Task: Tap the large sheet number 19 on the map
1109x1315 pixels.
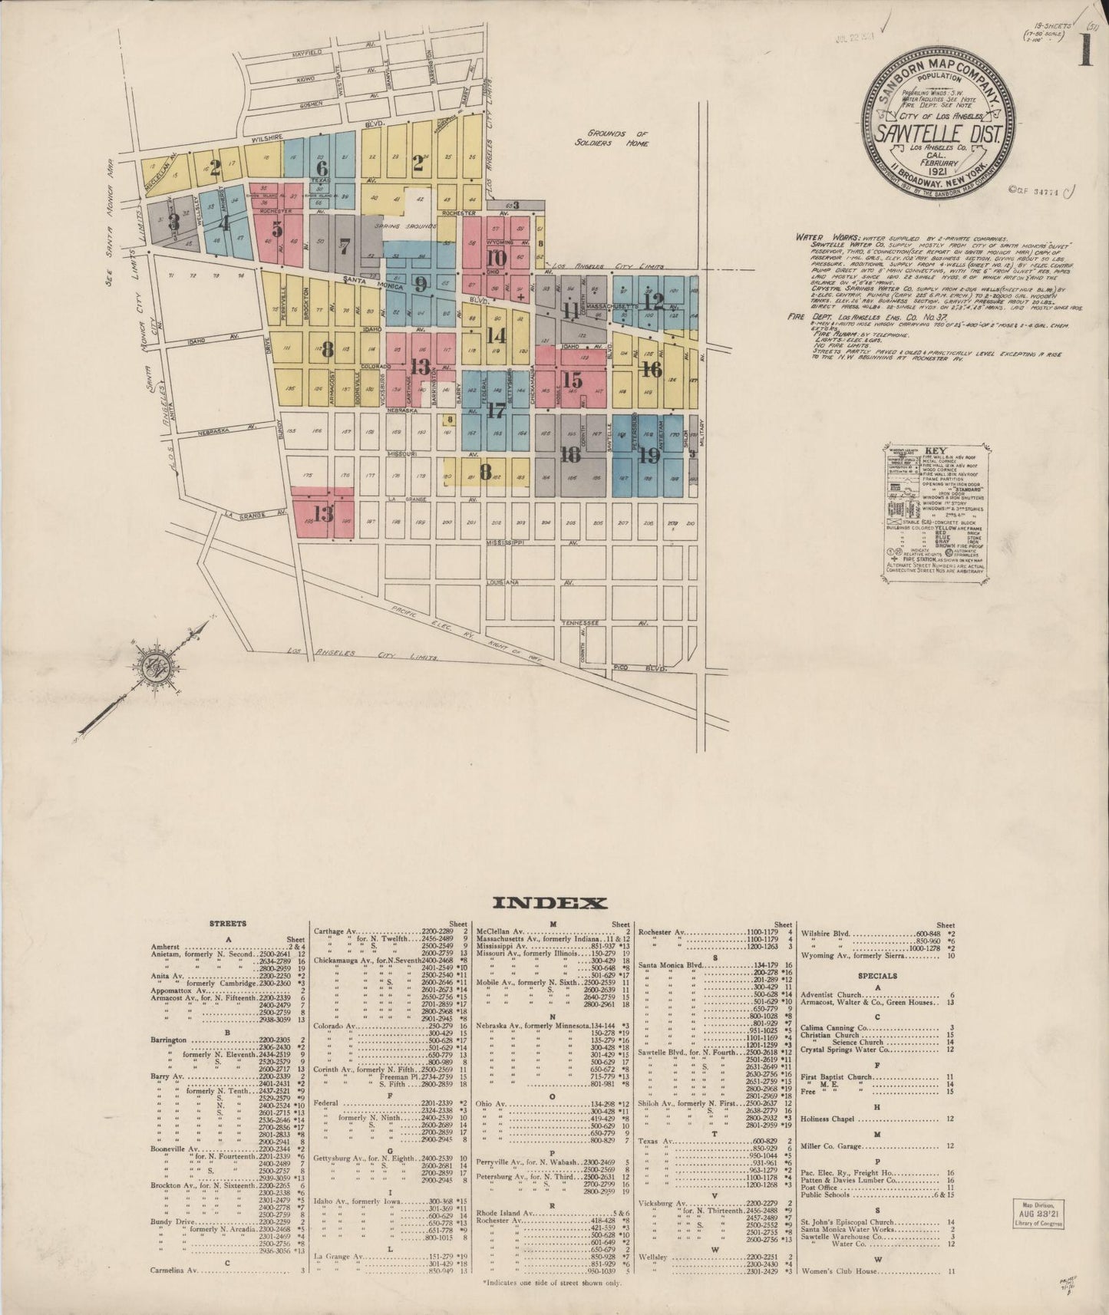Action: (x=649, y=456)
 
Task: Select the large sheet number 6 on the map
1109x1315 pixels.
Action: (x=321, y=168)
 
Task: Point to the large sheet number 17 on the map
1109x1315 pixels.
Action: (x=496, y=410)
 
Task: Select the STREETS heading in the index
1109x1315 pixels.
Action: (x=228, y=924)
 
